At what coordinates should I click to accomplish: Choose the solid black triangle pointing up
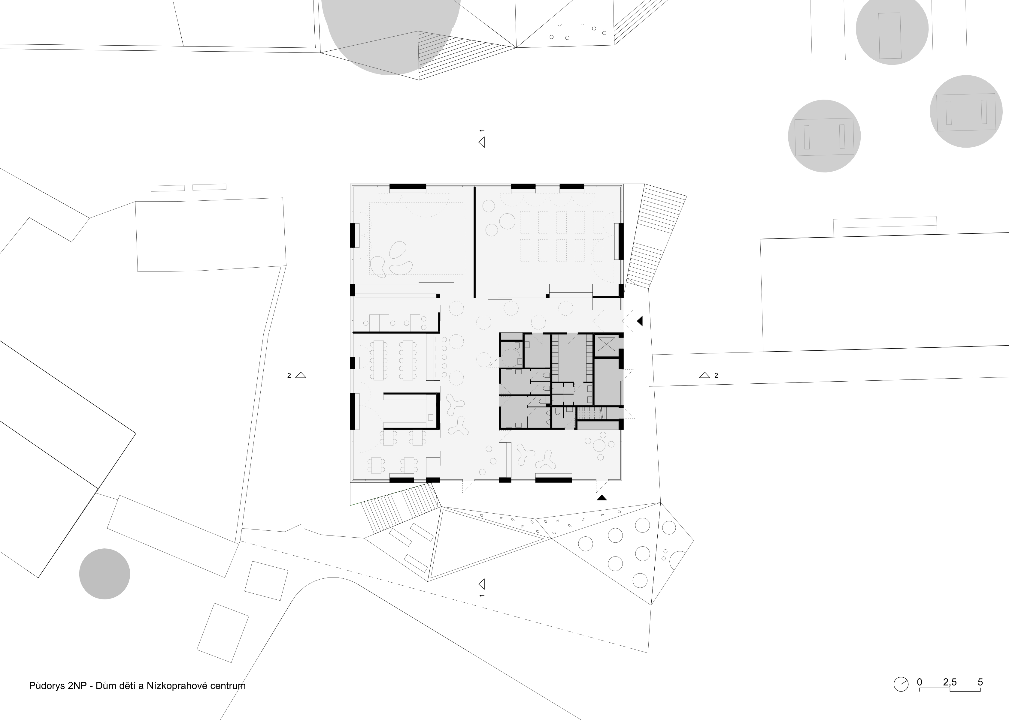point(602,498)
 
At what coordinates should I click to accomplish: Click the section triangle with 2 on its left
point(301,375)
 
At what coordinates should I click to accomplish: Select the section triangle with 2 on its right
point(704,375)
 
